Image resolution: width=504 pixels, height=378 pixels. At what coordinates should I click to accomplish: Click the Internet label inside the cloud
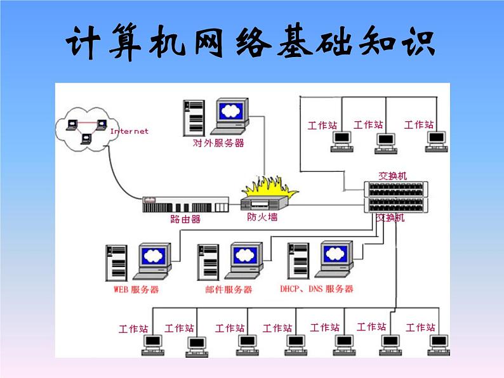[129, 131]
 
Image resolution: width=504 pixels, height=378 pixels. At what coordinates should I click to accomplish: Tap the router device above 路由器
[185, 205]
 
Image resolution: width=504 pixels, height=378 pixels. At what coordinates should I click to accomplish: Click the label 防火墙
[262, 217]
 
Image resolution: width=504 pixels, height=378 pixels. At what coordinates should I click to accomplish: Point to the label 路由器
[185, 219]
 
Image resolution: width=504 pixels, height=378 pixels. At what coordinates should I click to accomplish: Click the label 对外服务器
[218, 143]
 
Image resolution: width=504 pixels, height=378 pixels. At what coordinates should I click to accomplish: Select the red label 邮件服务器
[229, 290]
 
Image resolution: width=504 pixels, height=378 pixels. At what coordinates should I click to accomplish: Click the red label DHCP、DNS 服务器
[317, 289]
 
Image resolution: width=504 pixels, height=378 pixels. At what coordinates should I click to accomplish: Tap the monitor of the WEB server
[154, 257]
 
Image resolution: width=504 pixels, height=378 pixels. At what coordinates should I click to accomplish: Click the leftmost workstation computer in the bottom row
[153, 343]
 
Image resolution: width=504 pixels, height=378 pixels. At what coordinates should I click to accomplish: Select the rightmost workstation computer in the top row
[435, 140]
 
